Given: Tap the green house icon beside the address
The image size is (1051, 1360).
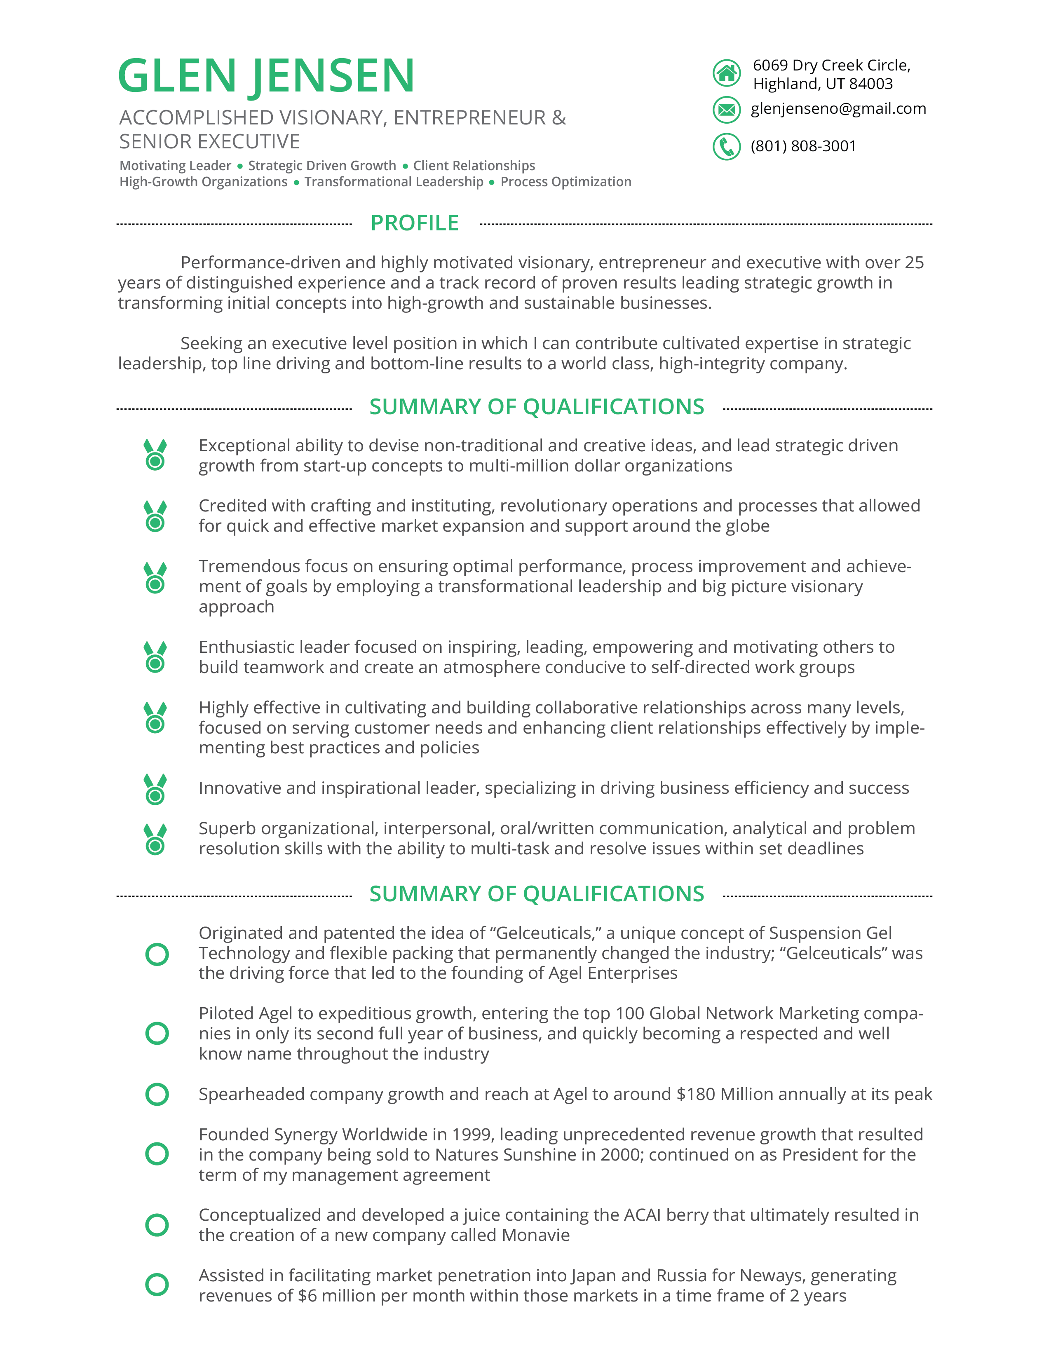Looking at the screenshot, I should point(726,73).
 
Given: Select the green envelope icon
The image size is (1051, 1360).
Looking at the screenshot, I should point(726,110).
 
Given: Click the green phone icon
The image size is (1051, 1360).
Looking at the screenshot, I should point(726,147).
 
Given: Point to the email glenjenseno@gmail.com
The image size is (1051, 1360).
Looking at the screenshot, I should point(838,109).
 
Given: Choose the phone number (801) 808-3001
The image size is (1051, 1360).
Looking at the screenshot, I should point(803,146).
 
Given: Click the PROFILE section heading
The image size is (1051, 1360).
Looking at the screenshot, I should point(415,223).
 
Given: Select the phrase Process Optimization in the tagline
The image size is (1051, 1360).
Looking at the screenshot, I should point(565,182).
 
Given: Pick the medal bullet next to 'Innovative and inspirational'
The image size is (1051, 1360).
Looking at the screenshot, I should point(155,790).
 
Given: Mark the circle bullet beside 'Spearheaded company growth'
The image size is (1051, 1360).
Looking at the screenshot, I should point(157,1094).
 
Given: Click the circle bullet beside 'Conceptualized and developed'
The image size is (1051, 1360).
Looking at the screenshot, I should point(157,1225).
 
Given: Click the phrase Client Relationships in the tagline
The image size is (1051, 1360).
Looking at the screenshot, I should point(474,166).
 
